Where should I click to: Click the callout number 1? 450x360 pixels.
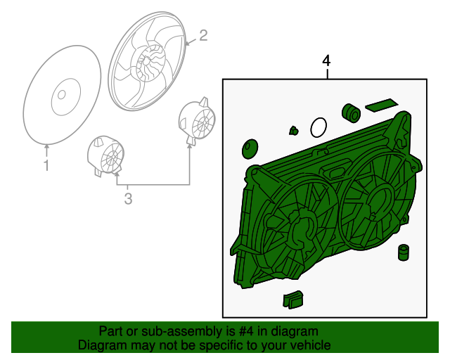[x=46, y=166]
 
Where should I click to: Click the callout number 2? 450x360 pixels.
[x=203, y=36]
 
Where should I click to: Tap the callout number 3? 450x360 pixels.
[x=128, y=199]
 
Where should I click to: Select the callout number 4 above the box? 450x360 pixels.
[x=326, y=61]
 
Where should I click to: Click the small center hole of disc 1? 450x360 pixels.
[x=61, y=94]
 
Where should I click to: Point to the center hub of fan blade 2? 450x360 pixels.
[x=146, y=61]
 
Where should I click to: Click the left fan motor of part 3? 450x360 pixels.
[x=106, y=155]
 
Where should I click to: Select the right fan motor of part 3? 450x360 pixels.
[x=197, y=121]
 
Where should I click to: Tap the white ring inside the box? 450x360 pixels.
[x=319, y=127]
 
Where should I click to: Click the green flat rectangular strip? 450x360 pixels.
[x=382, y=105]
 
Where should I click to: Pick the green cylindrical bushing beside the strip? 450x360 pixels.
[x=351, y=112]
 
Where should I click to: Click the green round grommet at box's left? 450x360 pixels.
[x=250, y=149]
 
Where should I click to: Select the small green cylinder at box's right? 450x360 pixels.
[x=404, y=252]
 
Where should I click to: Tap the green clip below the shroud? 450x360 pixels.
[x=293, y=300]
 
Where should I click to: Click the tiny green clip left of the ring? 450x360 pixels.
[x=293, y=131]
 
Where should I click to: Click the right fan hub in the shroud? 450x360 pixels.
[x=380, y=201]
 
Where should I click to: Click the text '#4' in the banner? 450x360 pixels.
[x=246, y=331]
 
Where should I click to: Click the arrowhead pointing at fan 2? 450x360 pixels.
[x=188, y=44]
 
